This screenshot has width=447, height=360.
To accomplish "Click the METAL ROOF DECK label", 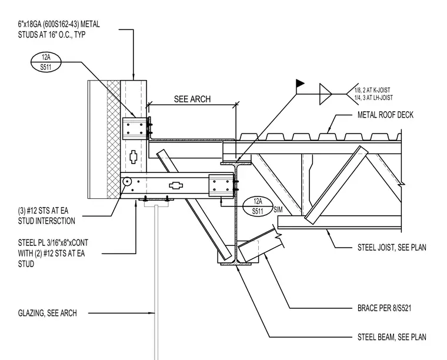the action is [385, 115].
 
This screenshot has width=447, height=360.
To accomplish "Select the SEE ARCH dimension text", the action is [192, 99].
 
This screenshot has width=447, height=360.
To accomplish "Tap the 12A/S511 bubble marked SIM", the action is [258, 206].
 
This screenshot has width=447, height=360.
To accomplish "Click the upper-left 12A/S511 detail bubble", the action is [46, 62].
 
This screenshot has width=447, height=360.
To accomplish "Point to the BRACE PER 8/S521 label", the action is [384, 308].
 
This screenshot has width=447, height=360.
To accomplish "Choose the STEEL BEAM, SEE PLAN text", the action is [392, 337].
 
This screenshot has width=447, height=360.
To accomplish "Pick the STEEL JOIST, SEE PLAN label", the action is [392, 248].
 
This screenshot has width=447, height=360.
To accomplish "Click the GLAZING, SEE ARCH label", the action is [47, 314].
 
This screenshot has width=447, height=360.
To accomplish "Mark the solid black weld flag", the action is [300, 83].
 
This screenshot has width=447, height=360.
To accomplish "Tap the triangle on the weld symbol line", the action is [325, 94].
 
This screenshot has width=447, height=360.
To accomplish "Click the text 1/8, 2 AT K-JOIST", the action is [372, 91].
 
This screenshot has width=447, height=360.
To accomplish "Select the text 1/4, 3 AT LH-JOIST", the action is [373, 98].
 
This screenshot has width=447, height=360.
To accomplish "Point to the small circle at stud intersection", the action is [126, 181].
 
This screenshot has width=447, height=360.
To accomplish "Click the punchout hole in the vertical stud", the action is [133, 157].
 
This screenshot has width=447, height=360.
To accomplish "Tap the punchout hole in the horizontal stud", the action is [176, 185].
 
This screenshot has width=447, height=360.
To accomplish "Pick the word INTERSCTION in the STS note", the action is [55, 221].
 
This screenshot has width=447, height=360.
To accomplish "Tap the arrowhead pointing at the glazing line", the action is [152, 314].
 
